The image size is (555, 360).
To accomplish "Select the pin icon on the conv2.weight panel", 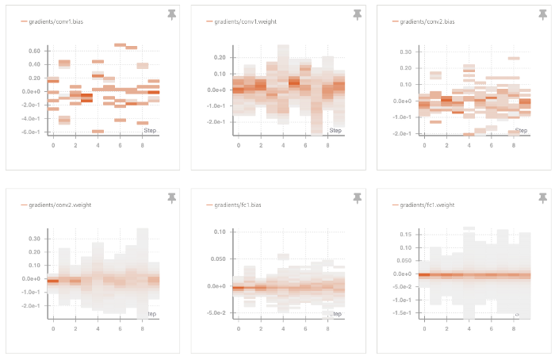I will pyautogui.click(x=172, y=198).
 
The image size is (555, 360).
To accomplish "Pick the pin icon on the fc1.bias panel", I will pyautogui.click(x=358, y=198).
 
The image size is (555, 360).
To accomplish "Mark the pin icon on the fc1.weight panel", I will pyautogui.click(x=542, y=198).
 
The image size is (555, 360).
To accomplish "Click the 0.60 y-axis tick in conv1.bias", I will pyautogui.click(x=34, y=52).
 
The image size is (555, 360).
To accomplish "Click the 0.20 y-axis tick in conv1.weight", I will pyautogui.click(x=218, y=58).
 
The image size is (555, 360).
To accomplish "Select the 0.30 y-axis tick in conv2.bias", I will pyautogui.click(x=404, y=52).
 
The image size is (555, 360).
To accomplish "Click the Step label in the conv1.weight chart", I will pyautogui.click(x=335, y=130).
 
